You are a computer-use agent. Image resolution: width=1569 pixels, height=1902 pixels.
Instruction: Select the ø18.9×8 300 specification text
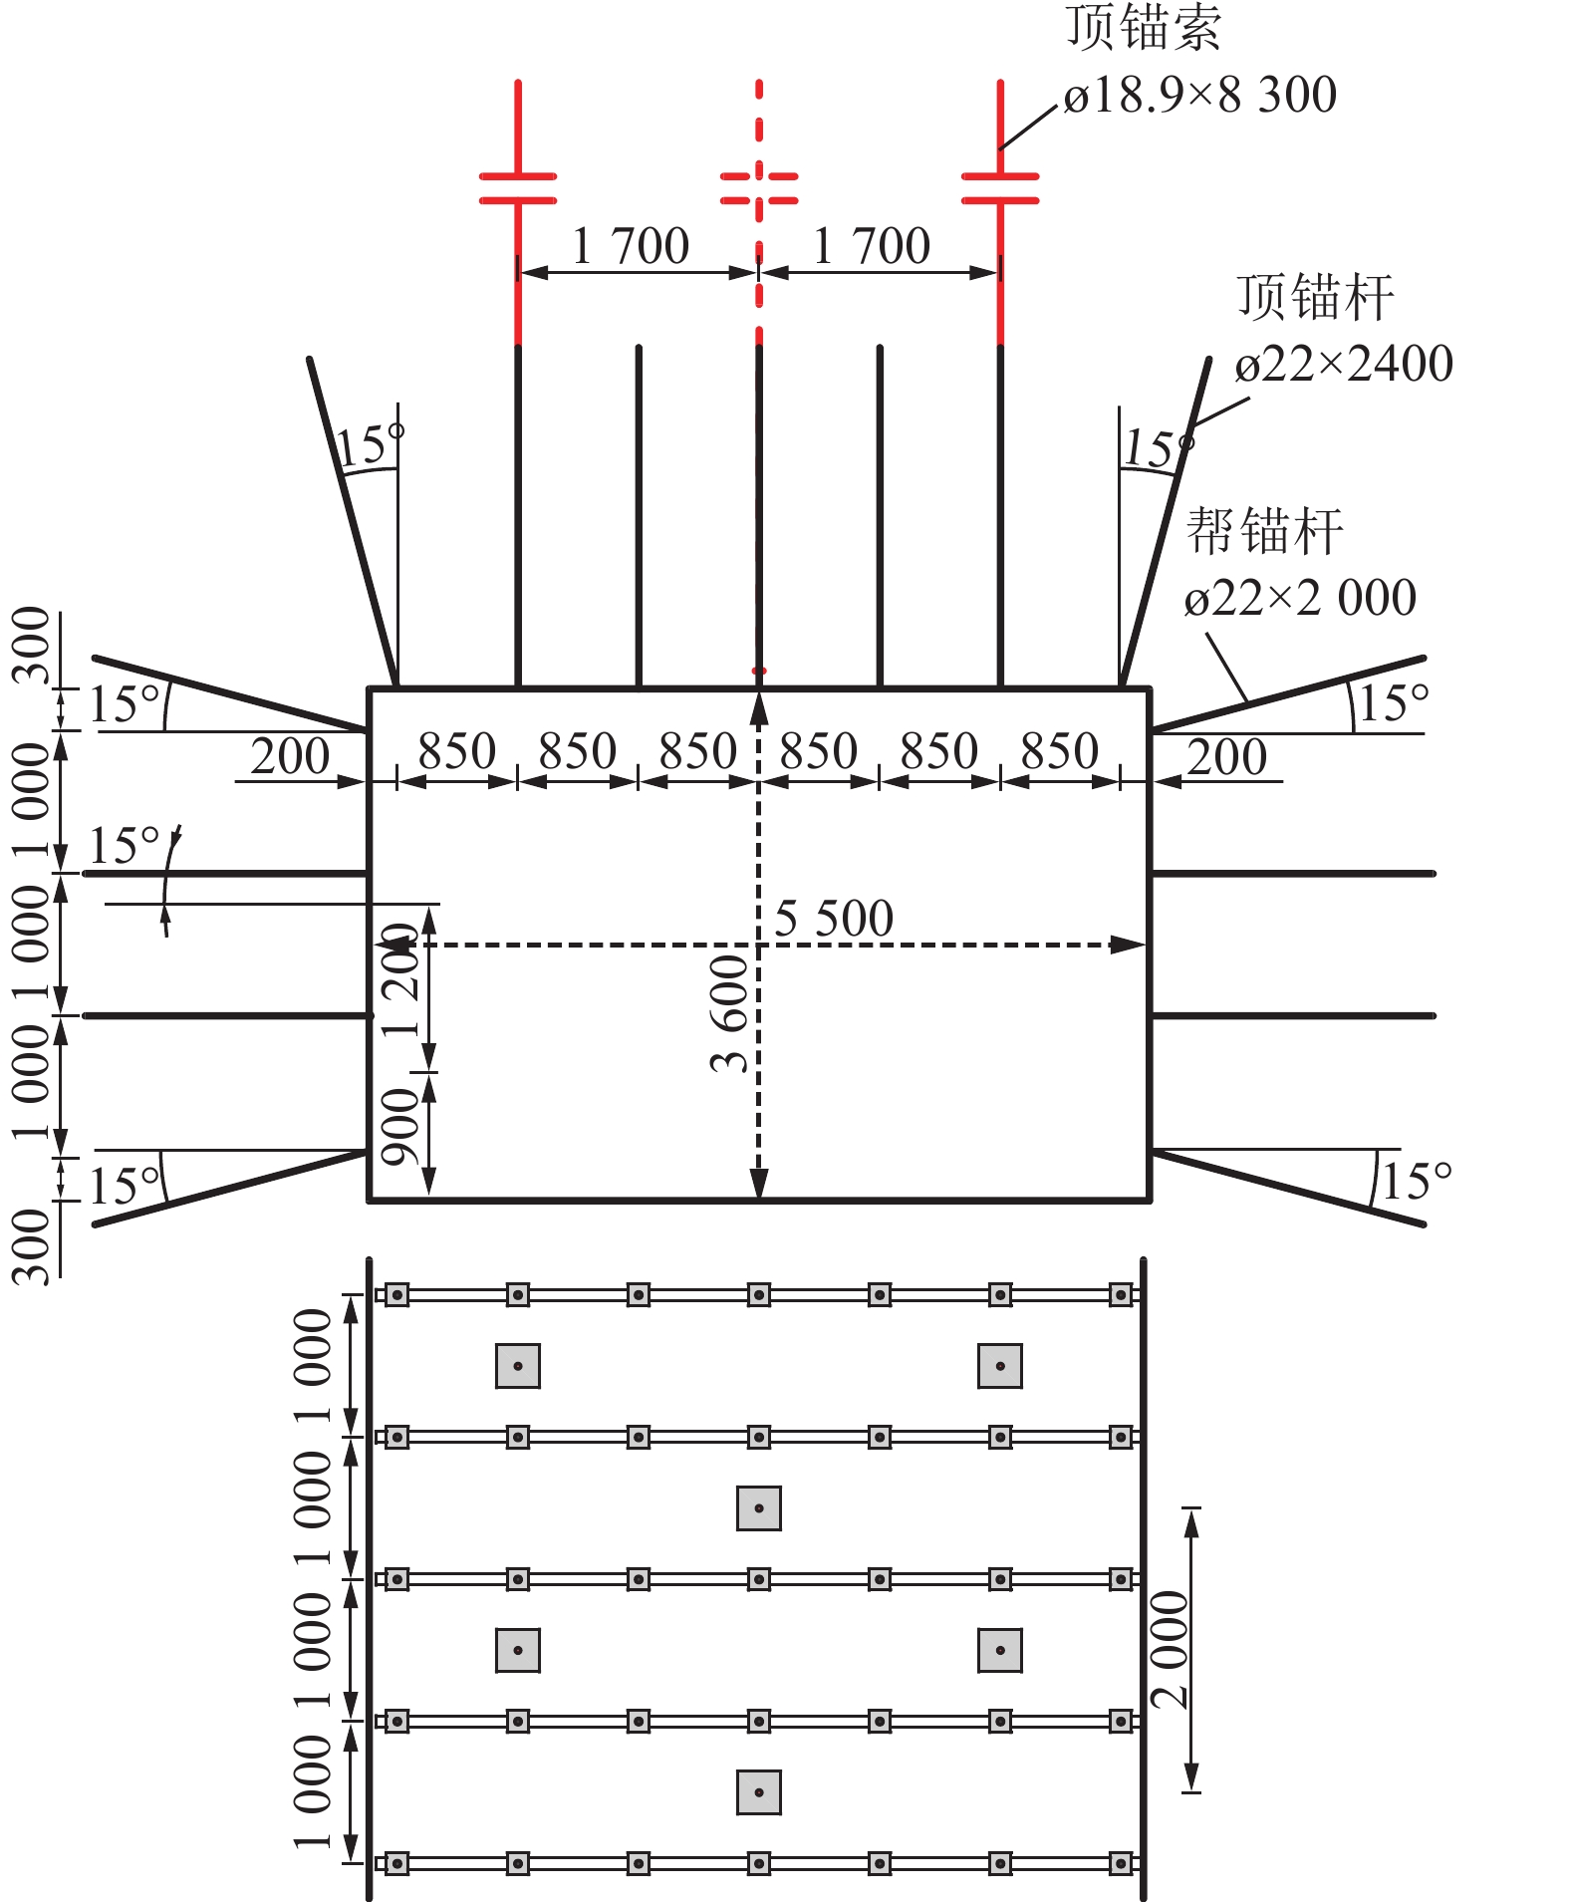(x=1199, y=96)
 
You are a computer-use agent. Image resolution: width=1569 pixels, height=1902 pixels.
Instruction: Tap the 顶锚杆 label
(x=1315, y=298)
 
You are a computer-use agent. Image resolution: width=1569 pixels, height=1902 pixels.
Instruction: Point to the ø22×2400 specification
(x=1344, y=364)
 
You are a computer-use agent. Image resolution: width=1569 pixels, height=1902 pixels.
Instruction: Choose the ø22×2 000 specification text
(x=1300, y=598)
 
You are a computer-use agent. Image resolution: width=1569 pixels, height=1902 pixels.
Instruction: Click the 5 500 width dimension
(x=834, y=918)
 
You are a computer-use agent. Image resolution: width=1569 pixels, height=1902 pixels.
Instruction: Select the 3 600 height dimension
(x=730, y=1012)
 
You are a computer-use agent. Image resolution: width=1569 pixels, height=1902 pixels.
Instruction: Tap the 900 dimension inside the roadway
(x=400, y=1127)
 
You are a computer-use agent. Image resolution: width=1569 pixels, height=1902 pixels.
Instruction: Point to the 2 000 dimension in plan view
(x=1170, y=1650)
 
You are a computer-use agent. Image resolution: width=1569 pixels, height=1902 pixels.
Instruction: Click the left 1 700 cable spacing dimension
(x=631, y=246)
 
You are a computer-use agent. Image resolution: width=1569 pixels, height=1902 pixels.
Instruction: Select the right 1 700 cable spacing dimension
(x=872, y=246)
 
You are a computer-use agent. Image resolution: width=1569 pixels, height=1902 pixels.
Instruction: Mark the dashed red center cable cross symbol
(x=759, y=188)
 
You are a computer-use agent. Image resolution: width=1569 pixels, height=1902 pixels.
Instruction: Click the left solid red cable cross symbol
(x=518, y=188)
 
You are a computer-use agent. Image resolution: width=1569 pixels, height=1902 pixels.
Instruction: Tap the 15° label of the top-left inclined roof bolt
(x=370, y=445)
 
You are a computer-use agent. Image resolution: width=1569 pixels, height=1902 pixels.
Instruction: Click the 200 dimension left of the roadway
(x=290, y=756)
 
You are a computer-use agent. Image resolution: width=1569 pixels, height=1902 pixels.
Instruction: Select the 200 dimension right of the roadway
(x=1227, y=756)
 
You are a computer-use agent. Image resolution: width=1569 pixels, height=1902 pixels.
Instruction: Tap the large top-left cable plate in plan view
(x=518, y=1366)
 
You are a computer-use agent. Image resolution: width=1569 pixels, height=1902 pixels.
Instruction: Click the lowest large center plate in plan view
(x=759, y=1792)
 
